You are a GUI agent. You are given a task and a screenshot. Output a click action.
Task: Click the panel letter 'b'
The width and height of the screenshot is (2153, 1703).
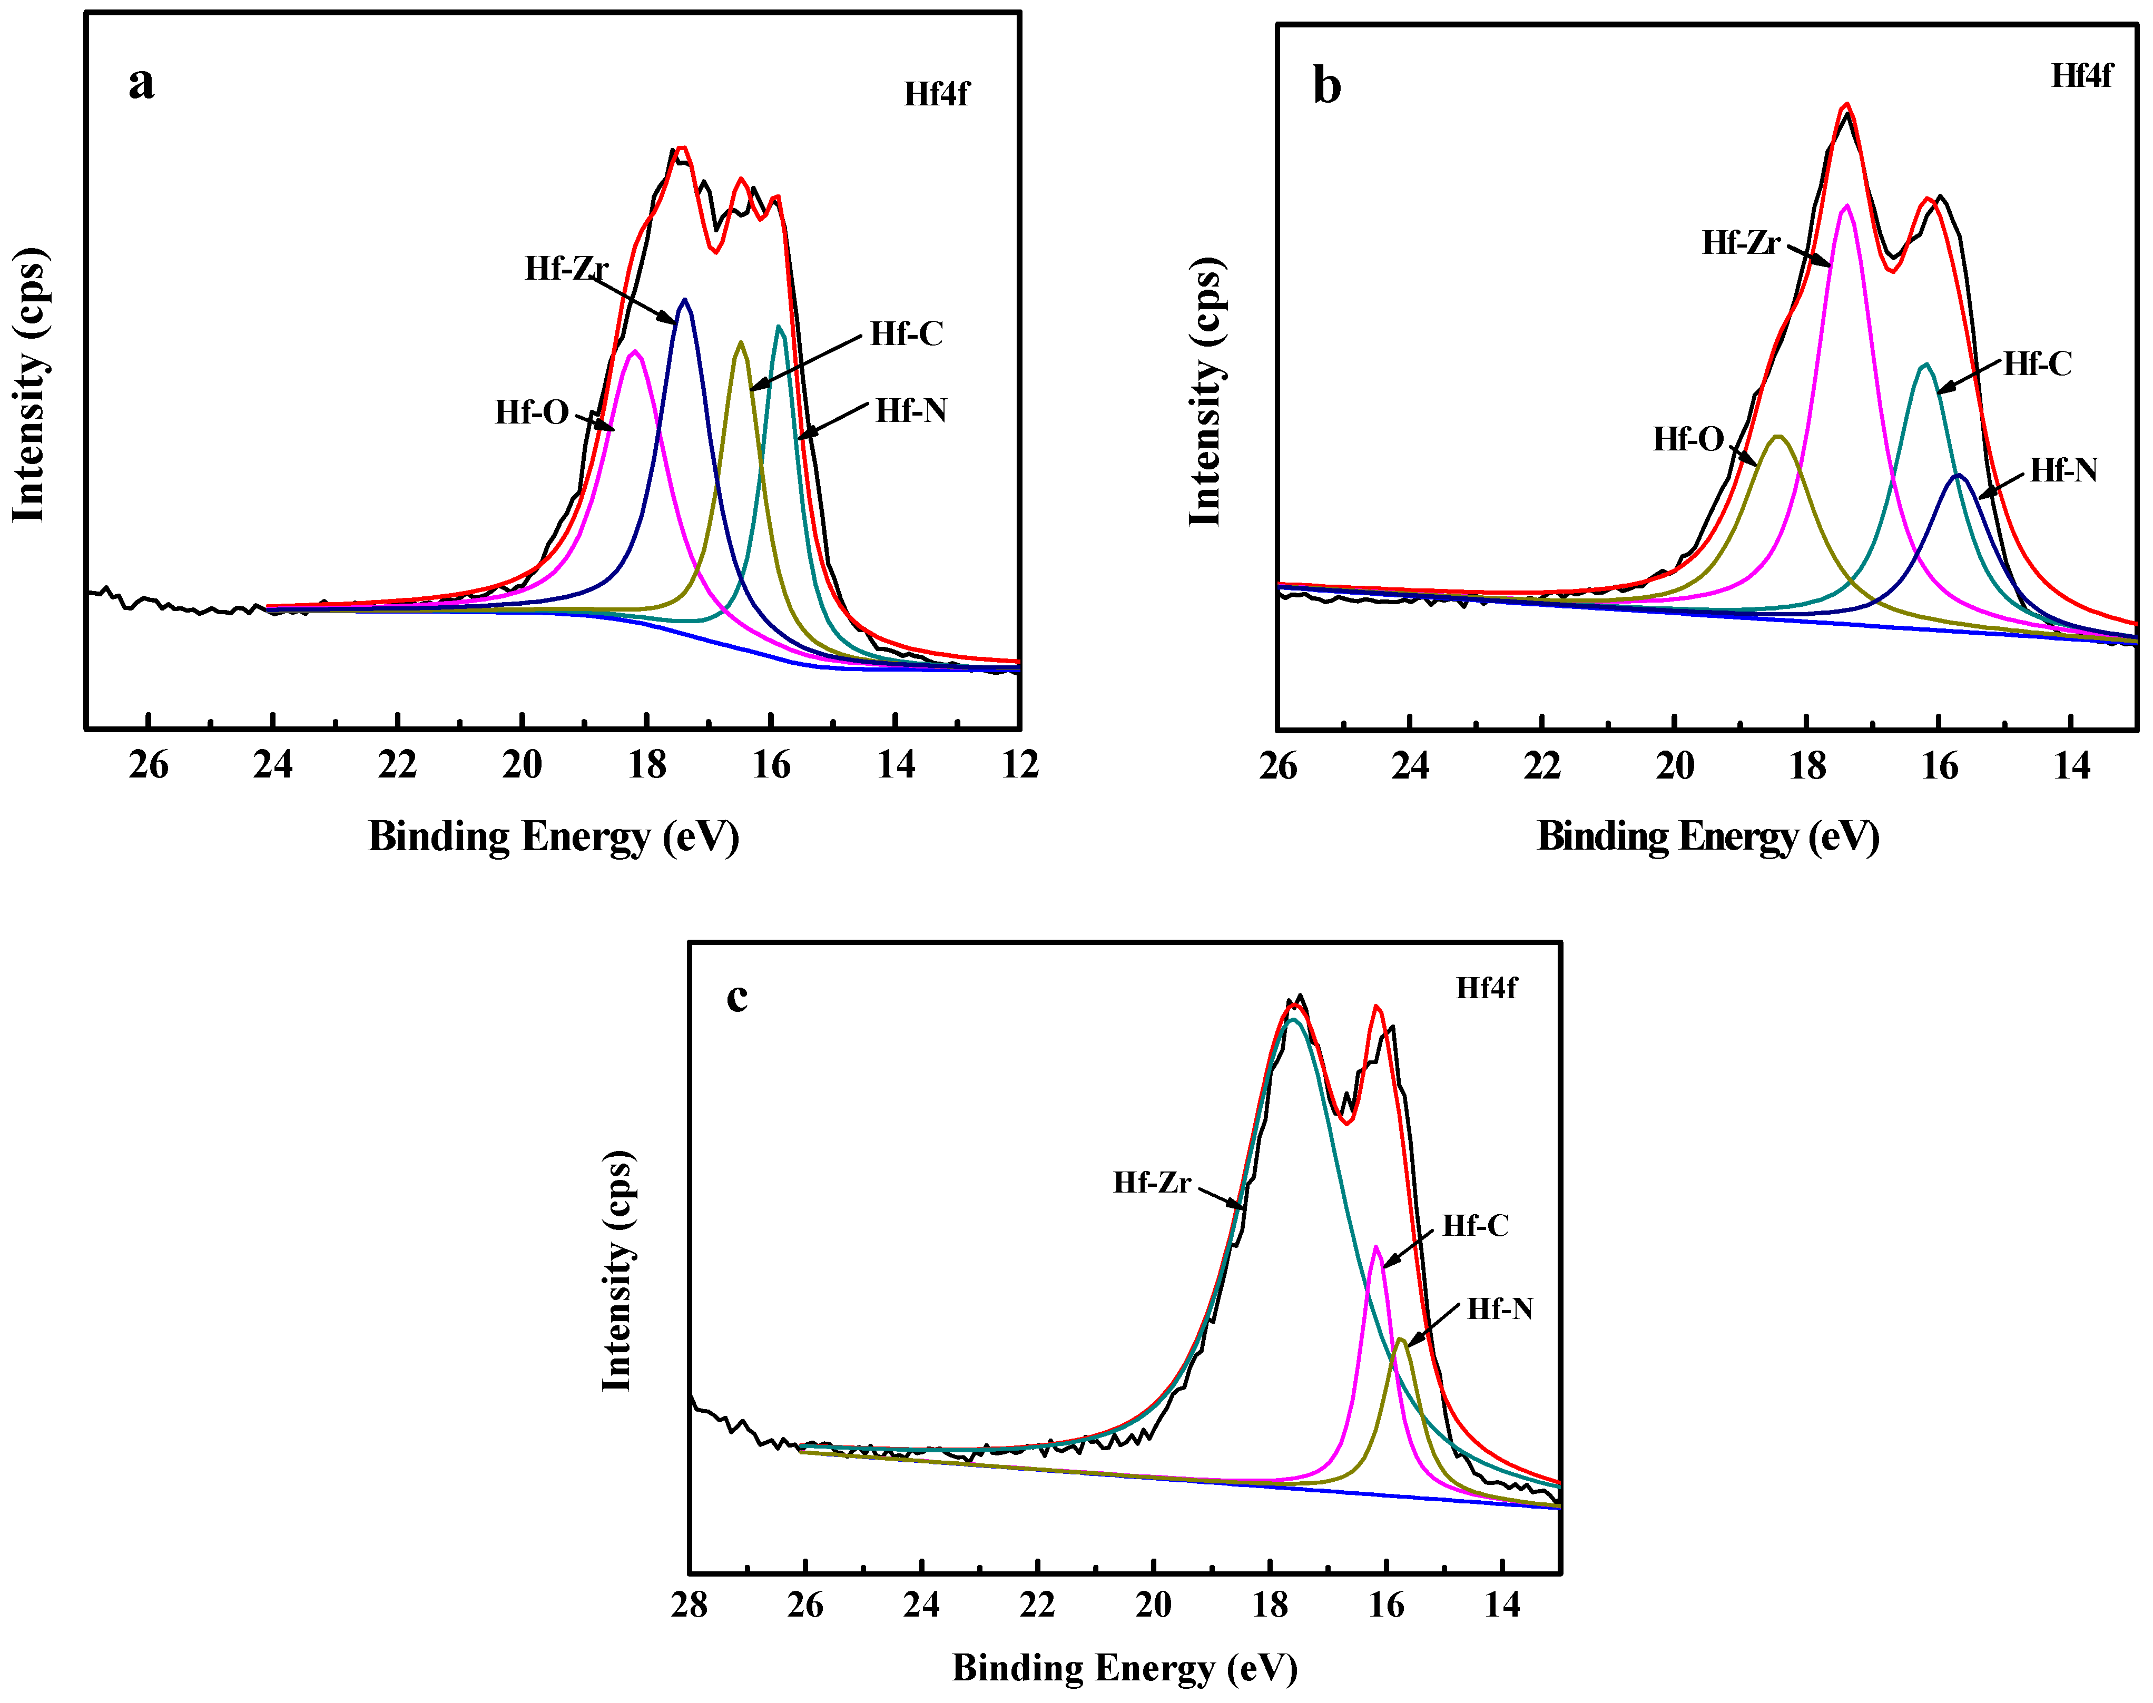1326,86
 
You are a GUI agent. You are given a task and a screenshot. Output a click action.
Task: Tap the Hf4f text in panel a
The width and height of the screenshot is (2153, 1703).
936,94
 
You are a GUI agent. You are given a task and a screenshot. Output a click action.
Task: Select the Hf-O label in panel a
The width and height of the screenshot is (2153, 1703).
532,412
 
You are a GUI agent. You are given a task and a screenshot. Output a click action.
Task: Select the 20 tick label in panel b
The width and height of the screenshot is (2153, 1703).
1674,766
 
